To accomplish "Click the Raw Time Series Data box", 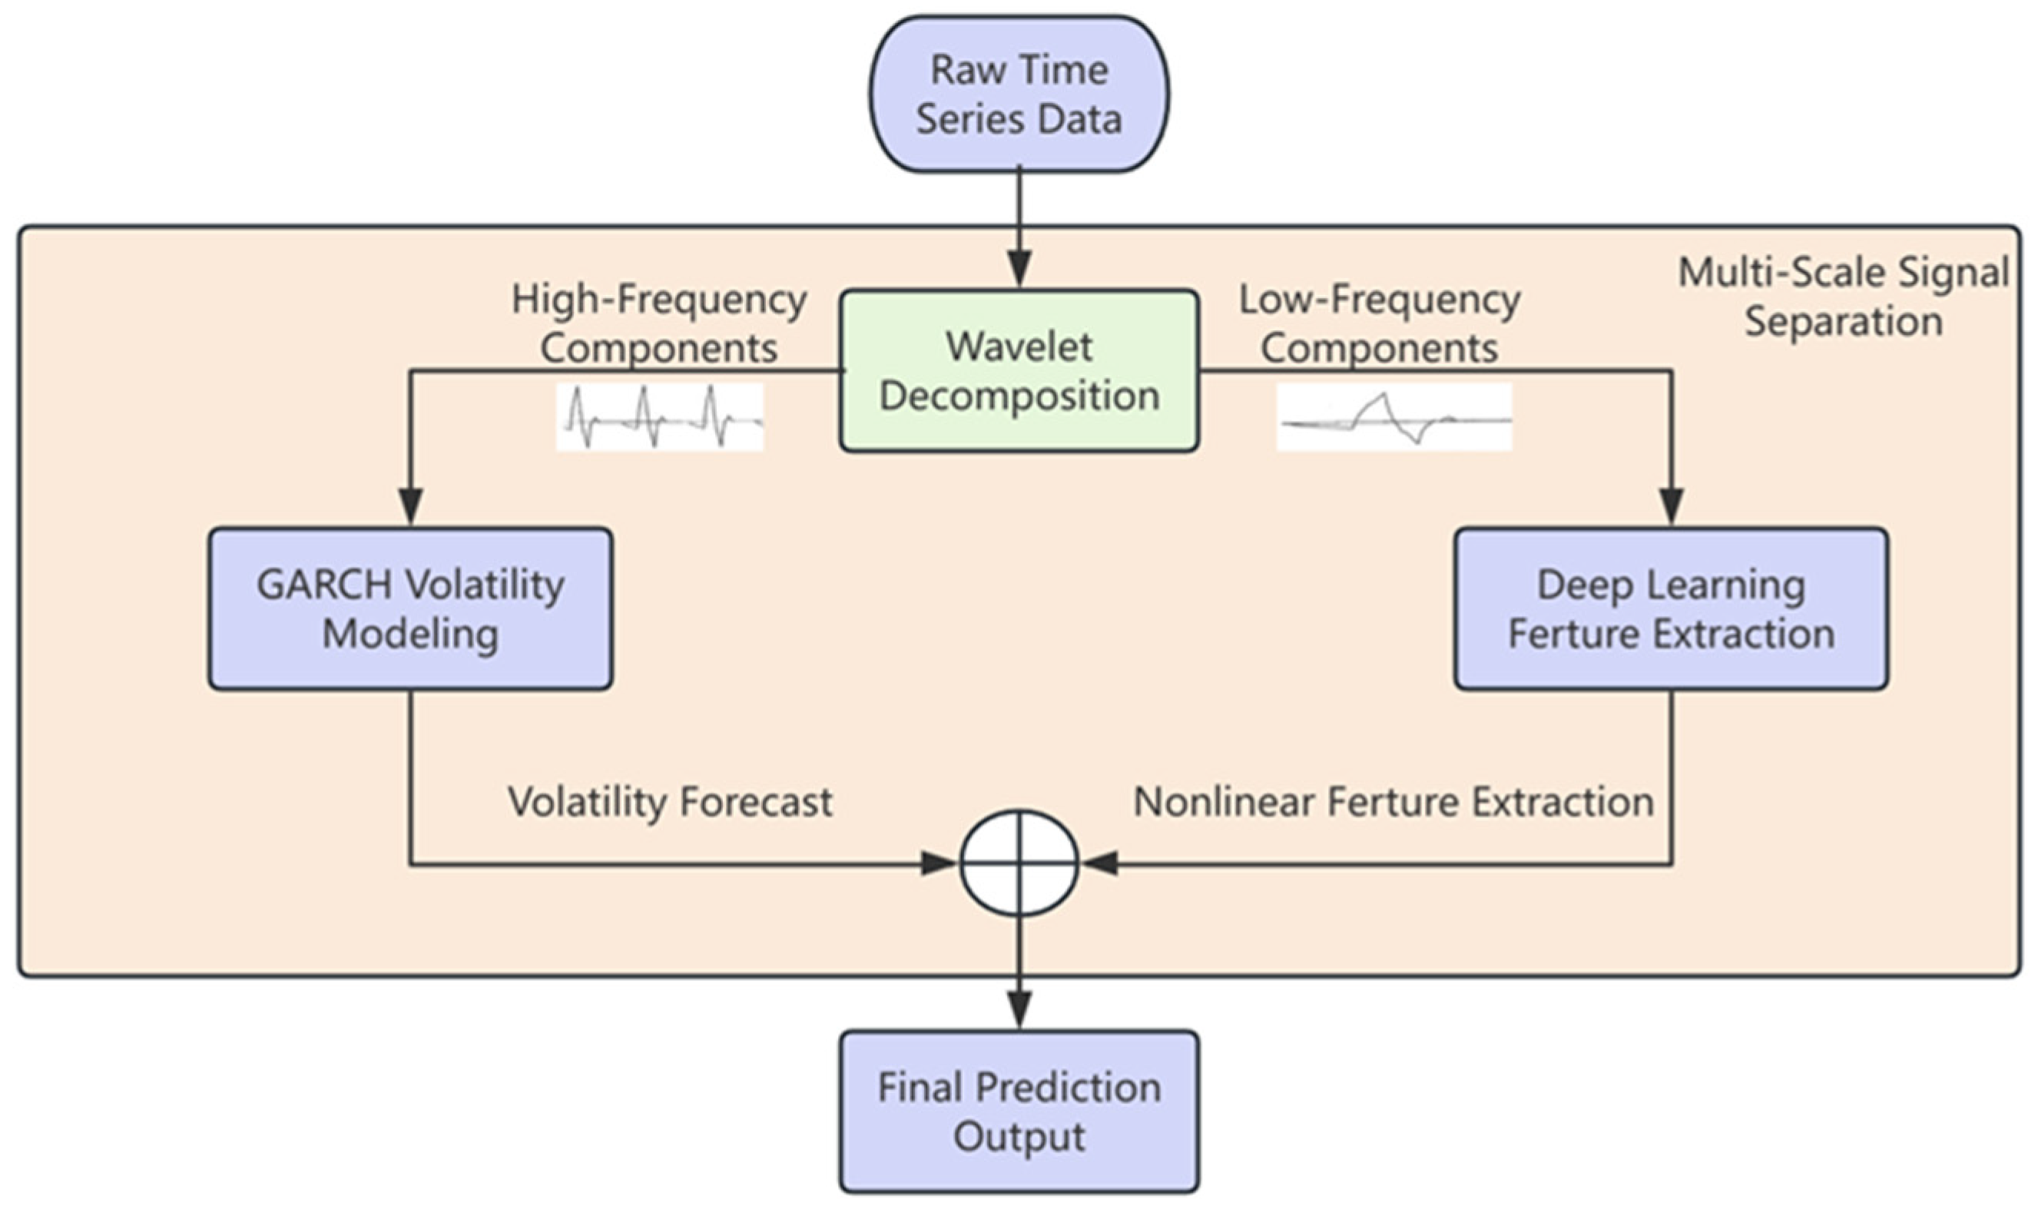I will coord(1019,94).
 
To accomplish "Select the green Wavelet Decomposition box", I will coord(1019,370).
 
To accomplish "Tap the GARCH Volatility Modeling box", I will coord(410,608).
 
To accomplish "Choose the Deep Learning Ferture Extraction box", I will coord(1671,608).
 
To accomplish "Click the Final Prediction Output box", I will coord(1019,1111).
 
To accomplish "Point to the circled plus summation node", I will coord(1019,863).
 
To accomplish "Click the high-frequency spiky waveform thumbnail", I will coord(659,417).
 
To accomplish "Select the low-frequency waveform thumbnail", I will coord(1394,417).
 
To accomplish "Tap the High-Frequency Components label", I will coord(659,323).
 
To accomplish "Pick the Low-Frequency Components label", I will coord(1380,323).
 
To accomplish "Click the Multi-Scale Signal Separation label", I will coord(1843,297).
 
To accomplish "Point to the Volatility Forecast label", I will coord(671,802).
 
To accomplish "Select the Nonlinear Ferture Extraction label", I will coord(1393,802).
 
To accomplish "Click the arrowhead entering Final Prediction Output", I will coord(1019,1010).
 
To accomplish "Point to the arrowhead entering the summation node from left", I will coord(939,863).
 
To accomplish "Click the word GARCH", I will coord(324,585).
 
